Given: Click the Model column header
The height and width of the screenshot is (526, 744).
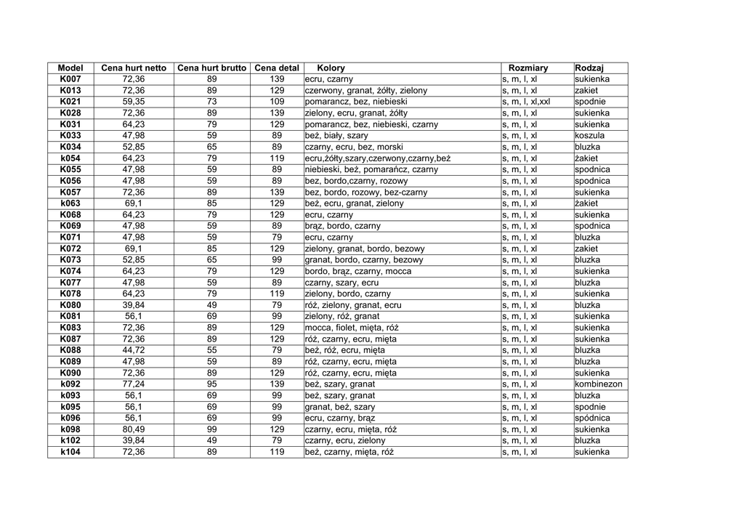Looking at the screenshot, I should click(x=70, y=68).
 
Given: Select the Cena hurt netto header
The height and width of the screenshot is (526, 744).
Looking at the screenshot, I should click(x=134, y=68).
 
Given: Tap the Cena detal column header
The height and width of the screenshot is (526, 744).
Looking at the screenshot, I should click(x=277, y=68).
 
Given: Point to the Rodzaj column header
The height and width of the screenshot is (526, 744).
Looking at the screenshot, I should click(x=589, y=68).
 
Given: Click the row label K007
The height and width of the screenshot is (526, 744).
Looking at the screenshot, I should click(x=70, y=79).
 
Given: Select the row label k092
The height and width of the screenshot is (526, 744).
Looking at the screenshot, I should click(x=70, y=384).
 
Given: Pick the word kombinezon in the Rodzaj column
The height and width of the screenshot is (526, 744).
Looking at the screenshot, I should click(x=599, y=384).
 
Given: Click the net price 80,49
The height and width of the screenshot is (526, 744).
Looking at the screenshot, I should click(x=134, y=429).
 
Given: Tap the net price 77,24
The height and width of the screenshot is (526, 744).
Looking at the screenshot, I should click(x=134, y=384).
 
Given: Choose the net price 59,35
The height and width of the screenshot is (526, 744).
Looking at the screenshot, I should click(x=134, y=102).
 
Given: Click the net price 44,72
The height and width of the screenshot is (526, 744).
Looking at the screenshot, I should click(x=134, y=350).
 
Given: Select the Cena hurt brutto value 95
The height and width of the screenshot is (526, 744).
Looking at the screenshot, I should click(x=212, y=384).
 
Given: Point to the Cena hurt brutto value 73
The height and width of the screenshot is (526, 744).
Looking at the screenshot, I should click(x=212, y=102).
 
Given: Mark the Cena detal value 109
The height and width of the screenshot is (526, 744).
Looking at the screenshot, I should click(x=277, y=102).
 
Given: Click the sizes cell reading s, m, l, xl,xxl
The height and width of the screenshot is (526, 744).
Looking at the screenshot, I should click(x=526, y=102).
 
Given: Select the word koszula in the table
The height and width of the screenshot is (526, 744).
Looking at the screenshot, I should click(x=589, y=136).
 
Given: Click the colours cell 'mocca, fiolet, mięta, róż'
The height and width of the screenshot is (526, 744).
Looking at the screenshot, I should click(x=352, y=328).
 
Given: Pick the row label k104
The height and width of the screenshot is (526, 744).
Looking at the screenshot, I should click(x=70, y=452).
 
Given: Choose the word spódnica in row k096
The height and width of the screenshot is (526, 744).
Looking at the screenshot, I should click(x=592, y=418).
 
